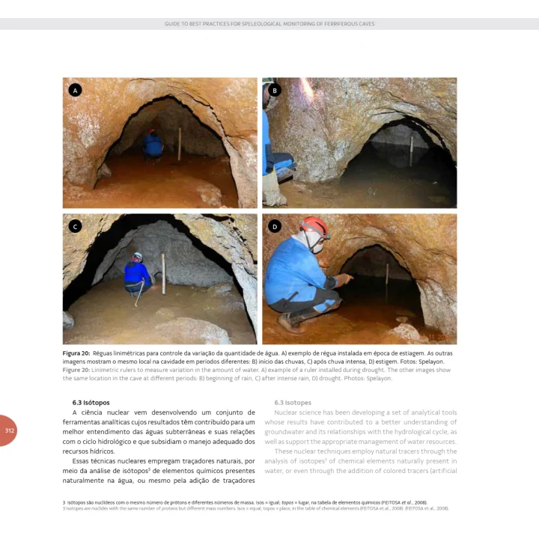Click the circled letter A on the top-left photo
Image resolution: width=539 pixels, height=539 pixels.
pos(74,90)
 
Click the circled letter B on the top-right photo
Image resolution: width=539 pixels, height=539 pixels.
pos(275,90)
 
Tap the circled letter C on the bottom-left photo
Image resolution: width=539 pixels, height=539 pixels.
pos(74,226)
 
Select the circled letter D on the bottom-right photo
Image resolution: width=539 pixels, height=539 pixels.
pos(275,226)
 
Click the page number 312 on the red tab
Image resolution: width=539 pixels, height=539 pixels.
pos(10,430)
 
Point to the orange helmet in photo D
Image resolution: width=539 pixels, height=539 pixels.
pos(315,225)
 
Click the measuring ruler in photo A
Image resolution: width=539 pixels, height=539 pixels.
pos(180,144)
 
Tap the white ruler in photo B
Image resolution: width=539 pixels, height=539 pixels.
pos(411,145)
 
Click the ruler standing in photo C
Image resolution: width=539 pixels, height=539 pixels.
pos(163,274)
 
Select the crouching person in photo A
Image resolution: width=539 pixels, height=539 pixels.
pos(153,145)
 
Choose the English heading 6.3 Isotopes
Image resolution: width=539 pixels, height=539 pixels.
pos(293,403)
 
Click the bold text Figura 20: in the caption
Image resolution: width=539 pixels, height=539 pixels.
pos(76,353)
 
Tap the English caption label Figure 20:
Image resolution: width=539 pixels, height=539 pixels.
pos(76,370)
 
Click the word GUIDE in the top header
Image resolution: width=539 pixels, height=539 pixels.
pos(173,24)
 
